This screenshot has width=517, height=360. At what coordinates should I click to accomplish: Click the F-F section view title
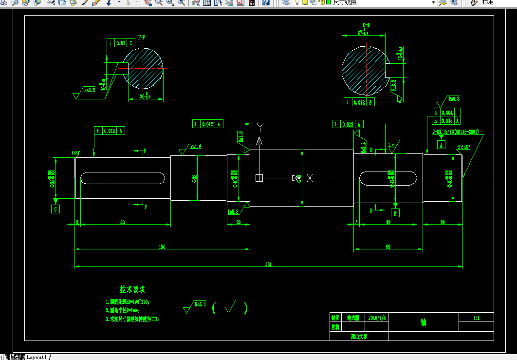(x=142, y=37)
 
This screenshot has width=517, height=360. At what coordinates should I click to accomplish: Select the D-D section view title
(x=366, y=24)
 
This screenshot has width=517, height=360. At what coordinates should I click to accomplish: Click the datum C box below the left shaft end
(x=55, y=209)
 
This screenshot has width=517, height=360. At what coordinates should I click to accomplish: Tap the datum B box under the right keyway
(x=395, y=213)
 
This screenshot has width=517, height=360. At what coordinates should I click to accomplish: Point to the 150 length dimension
(x=162, y=246)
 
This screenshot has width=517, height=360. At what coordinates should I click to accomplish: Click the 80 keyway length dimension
(x=122, y=223)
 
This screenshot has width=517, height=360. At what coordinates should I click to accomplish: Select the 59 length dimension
(x=388, y=246)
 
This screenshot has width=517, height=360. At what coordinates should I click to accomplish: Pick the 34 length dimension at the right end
(x=443, y=222)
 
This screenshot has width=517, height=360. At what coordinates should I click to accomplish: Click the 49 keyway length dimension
(x=388, y=222)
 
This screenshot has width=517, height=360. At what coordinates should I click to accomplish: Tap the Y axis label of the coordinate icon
(x=260, y=128)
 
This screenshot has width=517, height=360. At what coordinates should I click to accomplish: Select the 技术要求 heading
(x=132, y=290)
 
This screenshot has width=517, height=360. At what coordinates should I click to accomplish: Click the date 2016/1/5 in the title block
(x=377, y=317)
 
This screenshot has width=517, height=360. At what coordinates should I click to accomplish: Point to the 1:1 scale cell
(x=476, y=318)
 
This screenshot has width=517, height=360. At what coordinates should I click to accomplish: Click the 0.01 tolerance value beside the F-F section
(x=121, y=43)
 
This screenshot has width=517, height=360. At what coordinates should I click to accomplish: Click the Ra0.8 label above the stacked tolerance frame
(x=454, y=99)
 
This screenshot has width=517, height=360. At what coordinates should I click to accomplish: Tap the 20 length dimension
(x=239, y=222)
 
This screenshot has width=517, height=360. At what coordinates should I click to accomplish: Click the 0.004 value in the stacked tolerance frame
(x=447, y=113)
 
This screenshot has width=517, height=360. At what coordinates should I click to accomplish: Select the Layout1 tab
(x=37, y=357)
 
